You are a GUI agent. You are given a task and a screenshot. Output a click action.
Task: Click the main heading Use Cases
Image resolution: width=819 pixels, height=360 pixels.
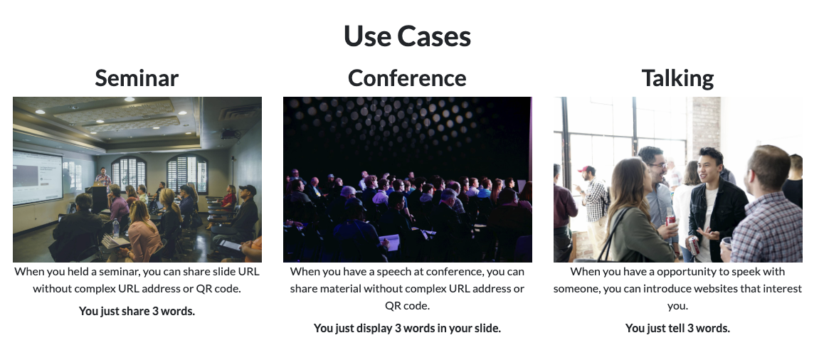pos(408,36)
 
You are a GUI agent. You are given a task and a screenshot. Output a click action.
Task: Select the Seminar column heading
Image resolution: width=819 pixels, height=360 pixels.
pos(137,78)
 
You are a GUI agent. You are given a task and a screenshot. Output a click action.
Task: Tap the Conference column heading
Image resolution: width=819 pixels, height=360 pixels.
pos(408,78)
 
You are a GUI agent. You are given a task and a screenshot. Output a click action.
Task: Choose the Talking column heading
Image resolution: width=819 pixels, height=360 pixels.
pos(677,78)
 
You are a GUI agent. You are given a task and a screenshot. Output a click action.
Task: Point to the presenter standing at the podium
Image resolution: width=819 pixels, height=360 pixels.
pos(103,178)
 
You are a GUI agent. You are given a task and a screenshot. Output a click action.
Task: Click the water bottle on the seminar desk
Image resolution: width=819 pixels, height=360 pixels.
pos(116,228)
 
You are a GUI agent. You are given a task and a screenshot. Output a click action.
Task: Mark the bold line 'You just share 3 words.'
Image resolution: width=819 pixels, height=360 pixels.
pos(137,312)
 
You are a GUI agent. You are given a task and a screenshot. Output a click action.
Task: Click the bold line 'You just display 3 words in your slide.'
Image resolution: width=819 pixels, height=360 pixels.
pos(408,328)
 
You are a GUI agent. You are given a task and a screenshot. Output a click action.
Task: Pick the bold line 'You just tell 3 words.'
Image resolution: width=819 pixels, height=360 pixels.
pos(677,328)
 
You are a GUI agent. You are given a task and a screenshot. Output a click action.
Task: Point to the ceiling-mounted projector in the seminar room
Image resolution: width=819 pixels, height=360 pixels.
pos(230,134)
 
